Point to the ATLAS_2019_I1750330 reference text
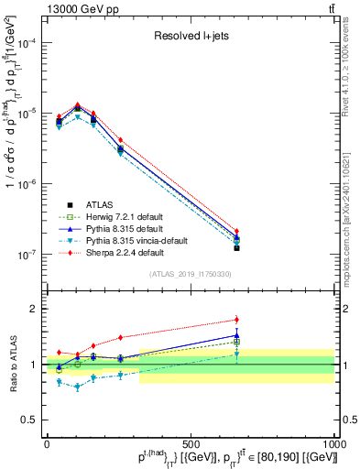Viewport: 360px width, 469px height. (x=191, y=274)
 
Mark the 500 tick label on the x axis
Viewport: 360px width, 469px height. (x=191, y=443)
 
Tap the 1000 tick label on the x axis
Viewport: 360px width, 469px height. (x=334, y=443)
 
